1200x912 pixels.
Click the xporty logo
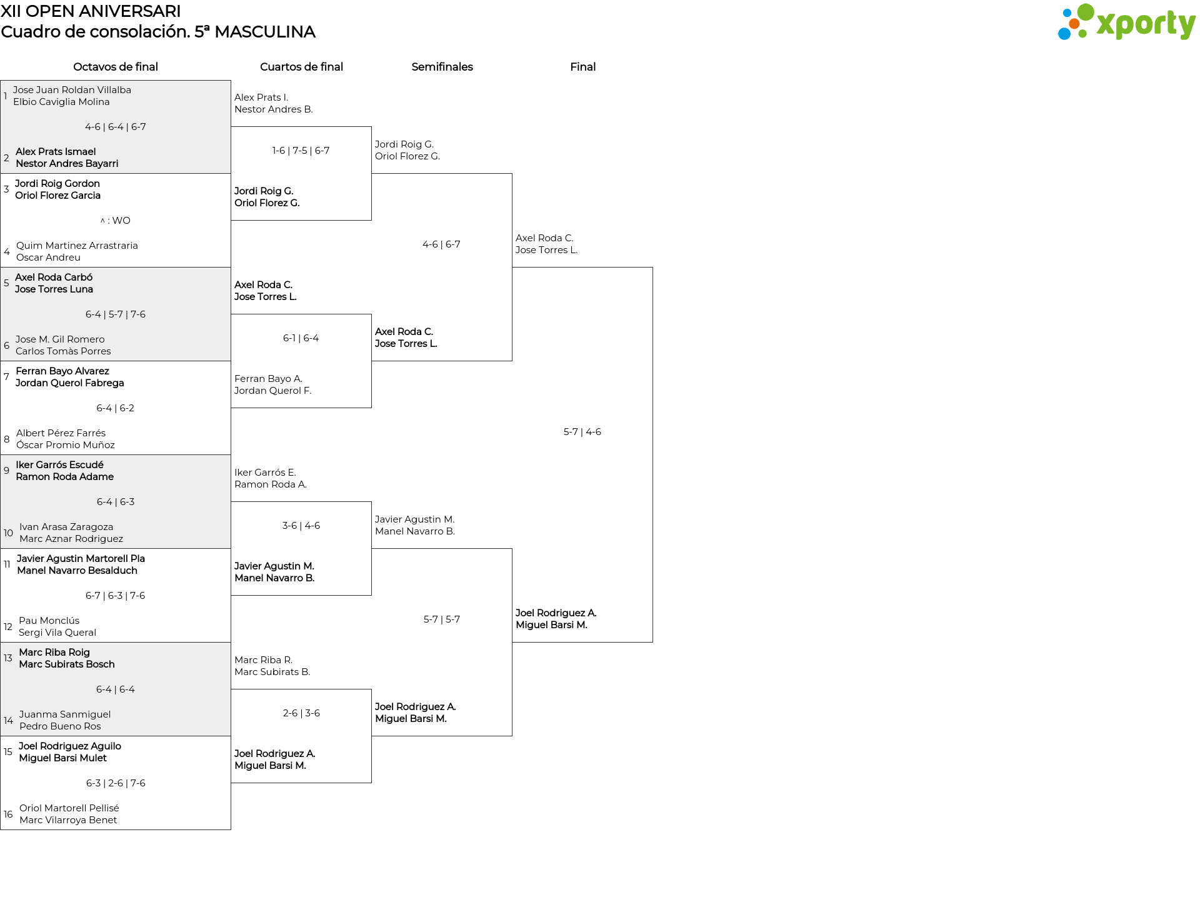(1126, 23)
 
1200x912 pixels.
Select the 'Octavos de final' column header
(116, 67)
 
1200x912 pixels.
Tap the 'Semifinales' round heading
(442, 67)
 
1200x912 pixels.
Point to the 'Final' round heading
(582, 67)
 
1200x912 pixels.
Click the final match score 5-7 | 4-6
(582, 432)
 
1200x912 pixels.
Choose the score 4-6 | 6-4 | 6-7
(116, 127)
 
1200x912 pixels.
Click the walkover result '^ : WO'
(116, 221)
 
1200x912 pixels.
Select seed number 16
(8, 814)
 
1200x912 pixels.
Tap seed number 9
(6, 470)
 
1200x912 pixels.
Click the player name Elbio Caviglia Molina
(61, 102)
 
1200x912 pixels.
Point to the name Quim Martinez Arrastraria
(77, 246)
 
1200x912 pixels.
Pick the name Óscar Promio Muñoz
(66, 445)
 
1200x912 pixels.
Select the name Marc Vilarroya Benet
(68, 820)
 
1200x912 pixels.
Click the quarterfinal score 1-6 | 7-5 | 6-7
(301, 151)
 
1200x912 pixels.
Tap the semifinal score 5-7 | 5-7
(442, 619)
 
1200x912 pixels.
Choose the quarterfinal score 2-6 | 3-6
(301, 713)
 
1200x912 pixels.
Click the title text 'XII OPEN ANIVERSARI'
(91, 11)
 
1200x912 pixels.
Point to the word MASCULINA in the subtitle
(265, 32)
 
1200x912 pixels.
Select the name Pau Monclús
(49, 621)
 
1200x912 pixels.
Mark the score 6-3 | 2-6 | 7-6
(116, 783)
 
